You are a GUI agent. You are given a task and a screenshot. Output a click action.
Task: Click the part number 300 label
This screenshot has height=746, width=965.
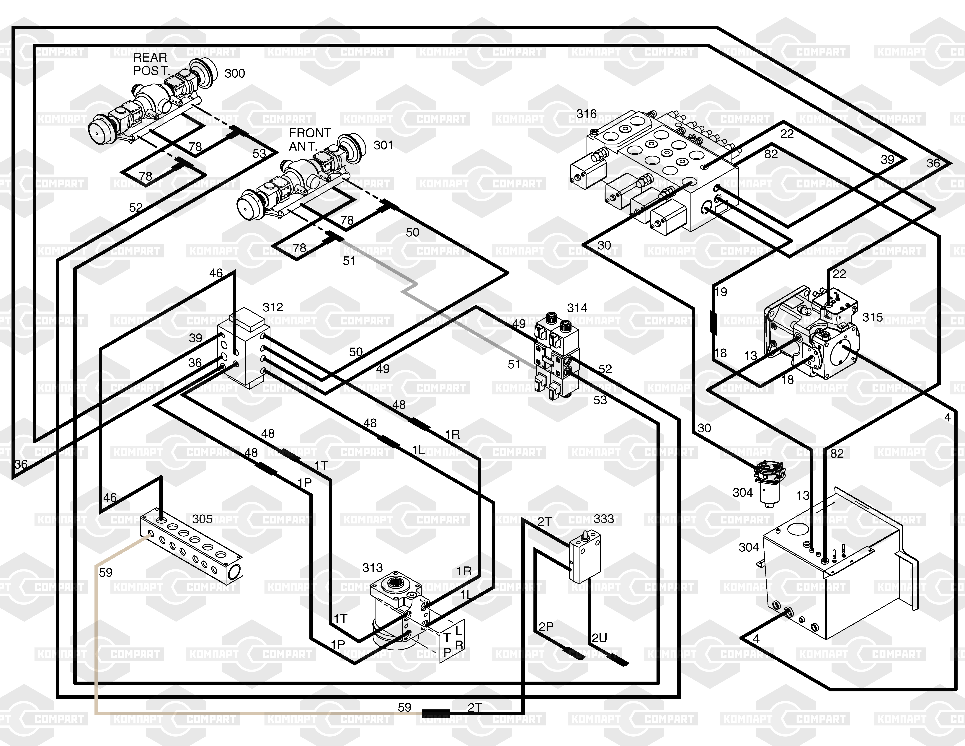click(235, 73)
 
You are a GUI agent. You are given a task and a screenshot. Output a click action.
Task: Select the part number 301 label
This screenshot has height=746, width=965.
click(383, 145)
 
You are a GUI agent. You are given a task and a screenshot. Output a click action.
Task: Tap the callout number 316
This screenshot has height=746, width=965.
click(586, 114)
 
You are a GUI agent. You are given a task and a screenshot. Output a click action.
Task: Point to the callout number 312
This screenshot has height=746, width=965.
click(273, 307)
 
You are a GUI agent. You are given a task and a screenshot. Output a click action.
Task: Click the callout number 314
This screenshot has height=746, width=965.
click(577, 308)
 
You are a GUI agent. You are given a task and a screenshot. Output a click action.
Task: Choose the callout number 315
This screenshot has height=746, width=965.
click(873, 317)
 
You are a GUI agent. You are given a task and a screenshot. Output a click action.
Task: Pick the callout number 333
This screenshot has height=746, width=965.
click(604, 519)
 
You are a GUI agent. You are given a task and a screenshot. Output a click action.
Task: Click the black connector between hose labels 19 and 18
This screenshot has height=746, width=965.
click(713, 321)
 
